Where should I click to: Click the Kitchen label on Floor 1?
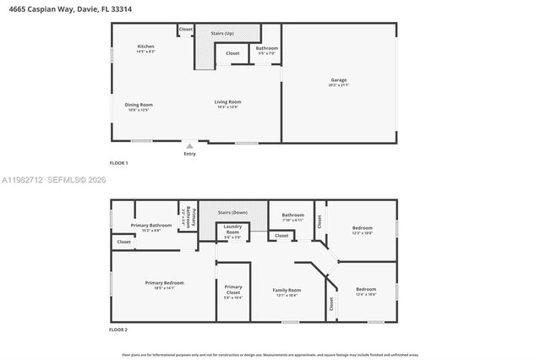[146, 46]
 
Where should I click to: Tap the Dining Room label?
[139, 106]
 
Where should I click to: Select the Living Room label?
[227, 103]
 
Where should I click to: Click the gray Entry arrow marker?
[189, 146]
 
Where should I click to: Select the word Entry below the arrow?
[189, 154]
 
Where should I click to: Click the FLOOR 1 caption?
[119, 162]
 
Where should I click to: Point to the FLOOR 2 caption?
[119, 329]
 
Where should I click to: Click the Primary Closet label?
[232, 290]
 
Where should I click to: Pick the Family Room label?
[287, 292]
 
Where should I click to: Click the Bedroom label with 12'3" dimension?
[361, 230]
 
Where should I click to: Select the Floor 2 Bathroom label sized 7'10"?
[292, 216]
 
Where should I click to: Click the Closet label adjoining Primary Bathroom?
[124, 242]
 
